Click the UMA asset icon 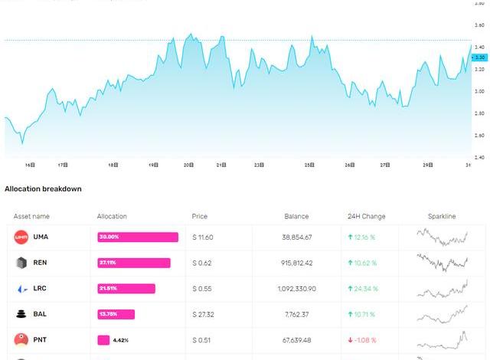[x=21, y=237]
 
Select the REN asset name [x=41, y=263]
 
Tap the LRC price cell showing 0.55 [x=203, y=289]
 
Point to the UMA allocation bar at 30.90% [x=138, y=237]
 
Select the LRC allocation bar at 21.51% [x=126, y=289]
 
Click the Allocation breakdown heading [x=43, y=188]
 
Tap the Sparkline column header [x=441, y=217]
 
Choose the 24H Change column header [x=367, y=217]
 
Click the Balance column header [x=296, y=217]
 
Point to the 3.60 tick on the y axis [x=480, y=25]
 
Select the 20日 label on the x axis [x=188, y=165]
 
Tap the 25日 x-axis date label [x=309, y=165]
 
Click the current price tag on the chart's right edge [x=480, y=57]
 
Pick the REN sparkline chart [x=443, y=263]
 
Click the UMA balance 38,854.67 [x=297, y=237]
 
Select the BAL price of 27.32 [x=203, y=314]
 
